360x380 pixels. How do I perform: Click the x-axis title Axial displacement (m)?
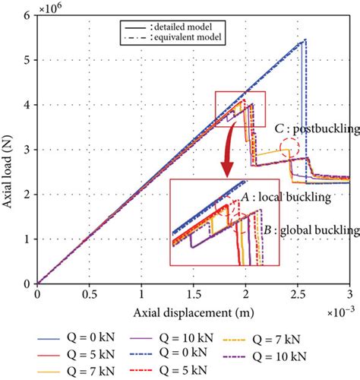click(193, 314)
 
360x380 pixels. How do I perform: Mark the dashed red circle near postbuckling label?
click(289, 147)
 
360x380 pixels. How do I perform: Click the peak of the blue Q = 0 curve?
click(305, 40)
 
